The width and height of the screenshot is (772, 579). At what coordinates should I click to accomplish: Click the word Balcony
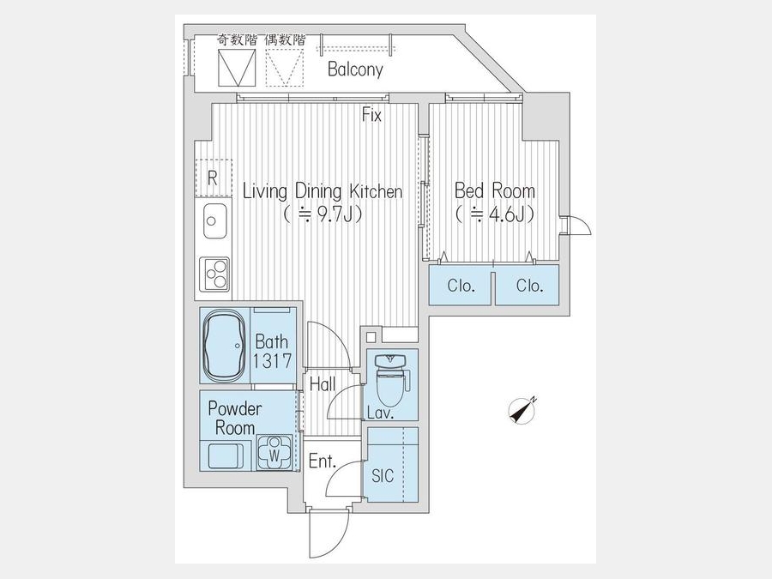click(x=355, y=69)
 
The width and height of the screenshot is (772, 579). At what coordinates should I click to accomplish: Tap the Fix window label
click(x=371, y=115)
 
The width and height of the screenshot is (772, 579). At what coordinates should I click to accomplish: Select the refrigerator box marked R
click(x=214, y=178)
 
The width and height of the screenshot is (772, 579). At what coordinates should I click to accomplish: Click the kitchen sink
click(x=214, y=221)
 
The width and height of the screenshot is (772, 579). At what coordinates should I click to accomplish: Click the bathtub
click(x=225, y=345)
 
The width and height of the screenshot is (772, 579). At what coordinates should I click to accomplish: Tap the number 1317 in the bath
click(x=272, y=361)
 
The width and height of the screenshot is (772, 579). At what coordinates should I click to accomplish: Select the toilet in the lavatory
click(x=390, y=379)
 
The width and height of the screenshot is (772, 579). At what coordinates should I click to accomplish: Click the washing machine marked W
click(x=274, y=452)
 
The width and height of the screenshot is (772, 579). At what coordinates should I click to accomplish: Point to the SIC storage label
click(x=383, y=475)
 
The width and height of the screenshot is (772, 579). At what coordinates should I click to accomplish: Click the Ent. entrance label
click(x=322, y=461)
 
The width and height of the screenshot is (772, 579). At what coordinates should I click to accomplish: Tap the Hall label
click(x=323, y=384)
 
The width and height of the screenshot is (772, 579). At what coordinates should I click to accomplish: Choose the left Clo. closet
click(x=461, y=285)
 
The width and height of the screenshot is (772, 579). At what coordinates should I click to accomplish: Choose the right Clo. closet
click(x=528, y=285)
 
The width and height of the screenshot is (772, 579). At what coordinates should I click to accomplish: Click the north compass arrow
click(x=523, y=410)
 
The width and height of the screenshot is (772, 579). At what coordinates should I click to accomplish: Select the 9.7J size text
click(x=323, y=214)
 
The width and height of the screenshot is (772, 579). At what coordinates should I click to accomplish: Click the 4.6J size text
click(x=495, y=214)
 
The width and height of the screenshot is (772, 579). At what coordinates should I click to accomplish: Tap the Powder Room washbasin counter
click(x=226, y=455)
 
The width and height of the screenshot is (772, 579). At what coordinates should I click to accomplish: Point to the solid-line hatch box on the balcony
click(x=237, y=68)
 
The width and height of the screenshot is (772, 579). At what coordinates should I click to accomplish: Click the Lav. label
click(x=381, y=413)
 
